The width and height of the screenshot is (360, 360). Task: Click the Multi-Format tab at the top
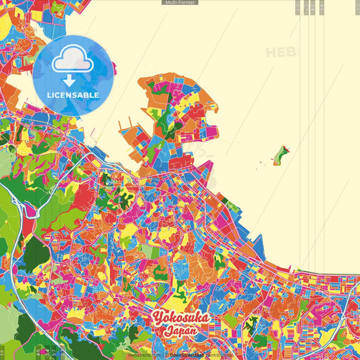click(x=180, y=3)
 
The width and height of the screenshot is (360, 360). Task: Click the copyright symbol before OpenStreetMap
click(x=165, y=354)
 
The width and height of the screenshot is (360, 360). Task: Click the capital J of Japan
click(x=165, y=332)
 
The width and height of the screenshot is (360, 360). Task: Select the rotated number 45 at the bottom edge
click(x=38, y=352)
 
